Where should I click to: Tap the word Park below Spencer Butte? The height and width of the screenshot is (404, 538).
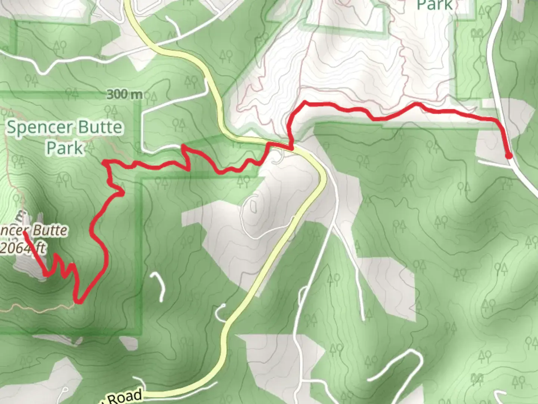64,148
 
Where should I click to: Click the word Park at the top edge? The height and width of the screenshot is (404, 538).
435,5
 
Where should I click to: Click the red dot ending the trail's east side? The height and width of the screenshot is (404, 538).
508,156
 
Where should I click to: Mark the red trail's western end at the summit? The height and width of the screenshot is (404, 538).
25,233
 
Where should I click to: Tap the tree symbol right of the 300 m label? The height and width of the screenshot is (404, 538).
153,98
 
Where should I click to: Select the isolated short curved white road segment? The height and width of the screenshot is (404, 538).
159,287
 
